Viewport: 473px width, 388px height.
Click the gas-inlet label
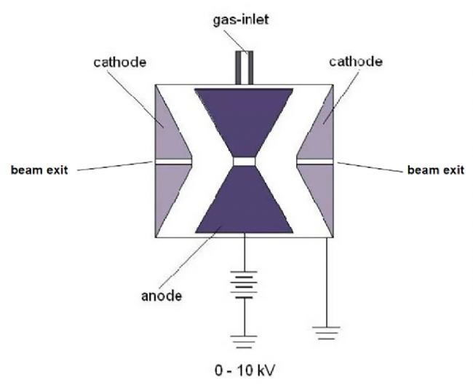pos(241,20)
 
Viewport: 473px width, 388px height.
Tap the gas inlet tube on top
pos(244,68)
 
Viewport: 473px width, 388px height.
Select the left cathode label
pos(120,62)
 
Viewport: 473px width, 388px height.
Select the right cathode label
pos(356,62)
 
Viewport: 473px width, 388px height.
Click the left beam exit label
pos(39,170)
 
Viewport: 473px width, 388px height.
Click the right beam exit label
pos(436,170)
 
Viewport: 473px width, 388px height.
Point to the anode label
pos(162,296)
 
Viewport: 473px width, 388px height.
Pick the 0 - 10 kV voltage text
pos(245,371)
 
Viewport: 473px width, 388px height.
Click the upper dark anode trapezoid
pos(244,121)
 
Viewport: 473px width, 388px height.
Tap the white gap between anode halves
pos(244,162)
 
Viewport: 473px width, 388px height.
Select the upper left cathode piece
pos(169,130)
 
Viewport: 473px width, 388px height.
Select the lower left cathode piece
pos(168,193)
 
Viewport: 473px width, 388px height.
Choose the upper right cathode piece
pos(319,130)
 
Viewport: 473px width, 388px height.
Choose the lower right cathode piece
pos(320,193)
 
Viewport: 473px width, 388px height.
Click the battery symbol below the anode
pos(244,285)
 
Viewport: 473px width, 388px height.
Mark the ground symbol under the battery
pos(244,342)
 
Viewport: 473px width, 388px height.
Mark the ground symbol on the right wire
pos(327,333)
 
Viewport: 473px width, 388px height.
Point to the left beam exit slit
pos(173,162)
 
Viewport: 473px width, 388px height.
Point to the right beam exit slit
pos(315,162)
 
